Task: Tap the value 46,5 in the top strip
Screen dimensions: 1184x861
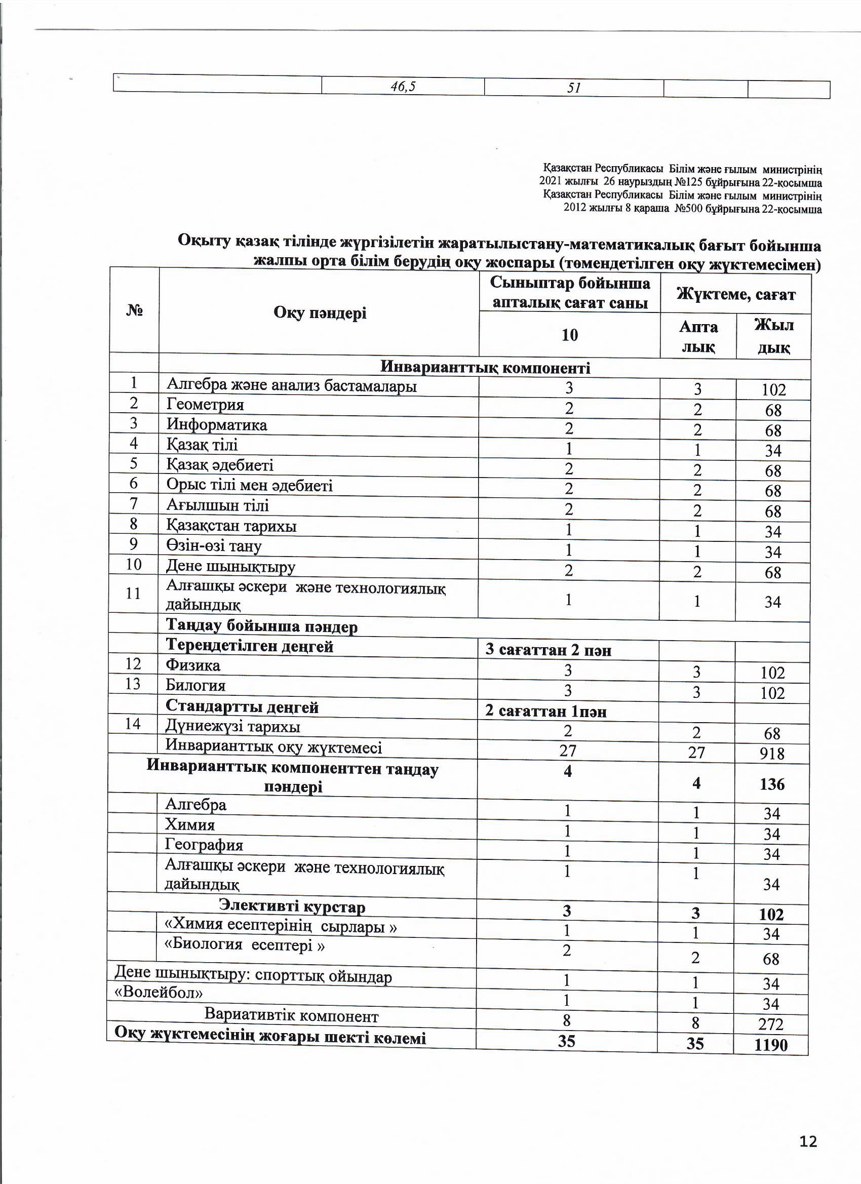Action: [x=403, y=87]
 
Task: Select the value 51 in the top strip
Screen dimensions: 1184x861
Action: [x=574, y=88]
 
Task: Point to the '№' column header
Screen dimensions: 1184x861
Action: [x=135, y=310]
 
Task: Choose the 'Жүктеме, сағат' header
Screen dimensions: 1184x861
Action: [x=736, y=295]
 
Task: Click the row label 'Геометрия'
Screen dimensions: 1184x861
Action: [x=205, y=405]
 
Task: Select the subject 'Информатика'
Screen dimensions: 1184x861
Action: [x=217, y=425]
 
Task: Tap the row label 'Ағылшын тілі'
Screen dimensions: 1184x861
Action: [x=218, y=505]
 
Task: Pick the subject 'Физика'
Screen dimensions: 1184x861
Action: [x=192, y=665]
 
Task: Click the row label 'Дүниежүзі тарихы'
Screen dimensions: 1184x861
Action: [x=233, y=727]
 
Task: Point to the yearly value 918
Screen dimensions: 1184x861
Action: [x=772, y=754]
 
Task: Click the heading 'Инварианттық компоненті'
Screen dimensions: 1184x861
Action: [x=485, y=368]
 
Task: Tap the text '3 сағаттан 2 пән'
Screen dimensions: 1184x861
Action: [x=548, y=650]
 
